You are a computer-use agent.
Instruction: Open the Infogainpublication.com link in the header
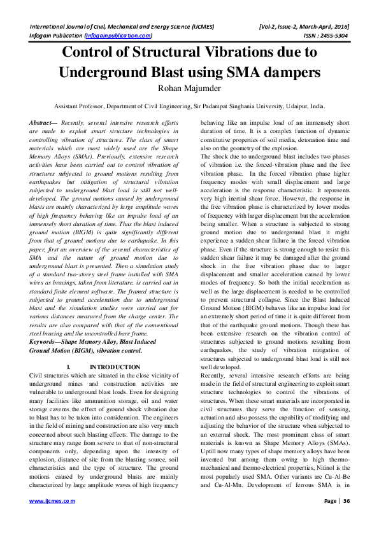point(118,36)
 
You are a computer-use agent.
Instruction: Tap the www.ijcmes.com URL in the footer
point(53,519)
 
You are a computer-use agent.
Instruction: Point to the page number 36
point(347,519)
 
